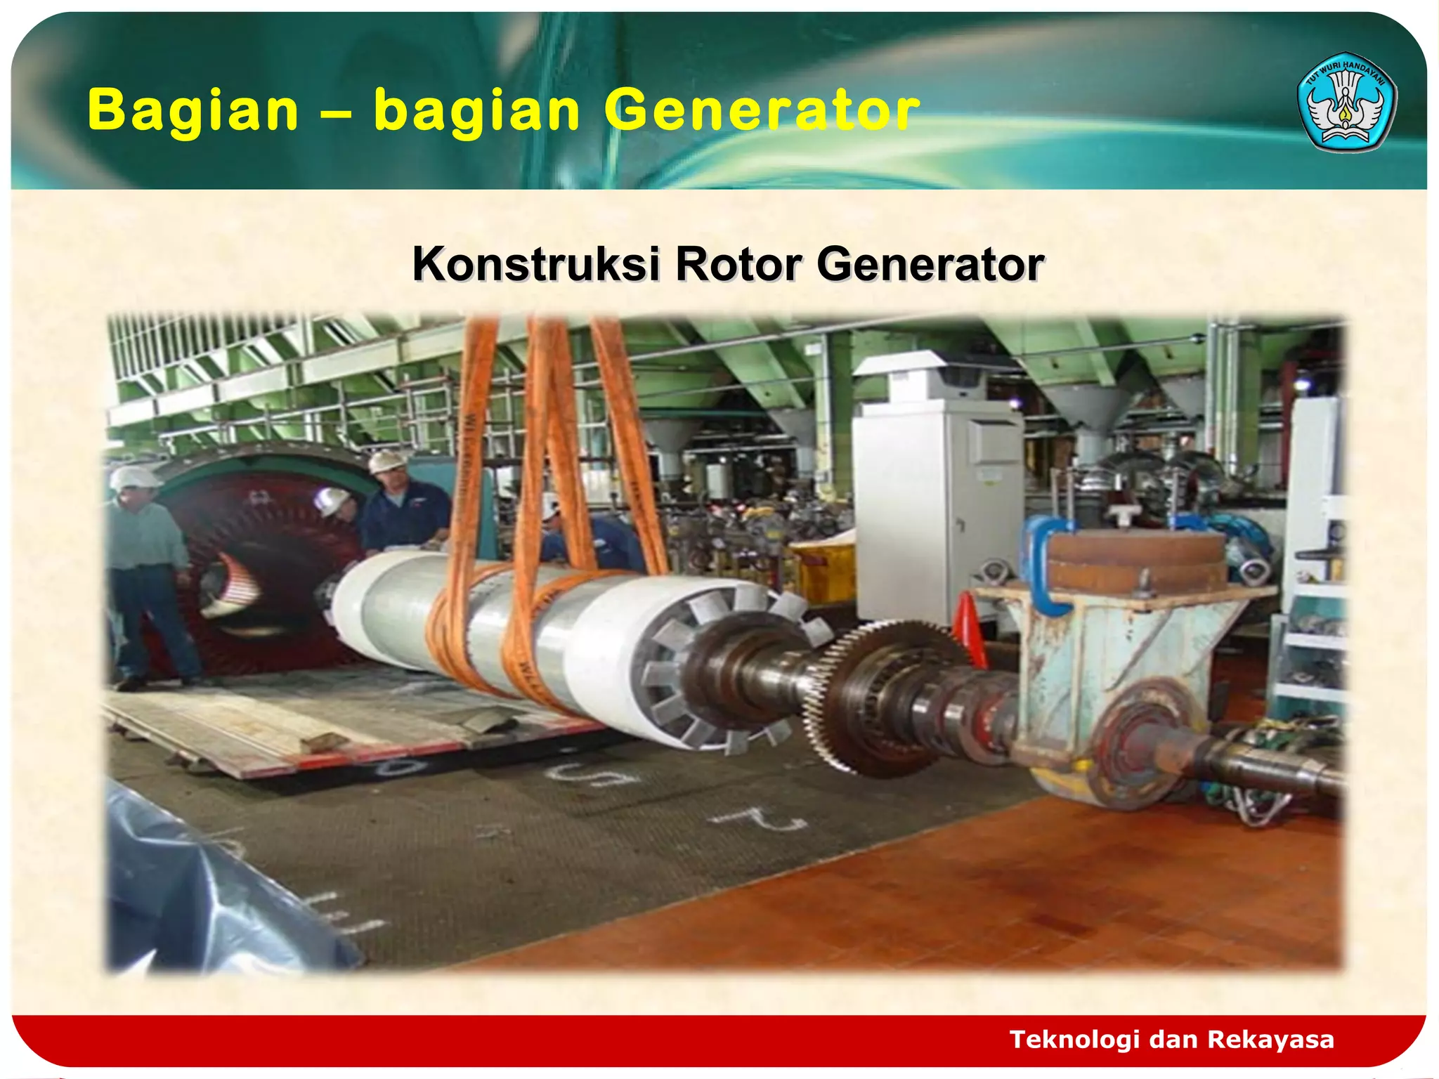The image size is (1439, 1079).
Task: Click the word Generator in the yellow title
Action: [x=762, y=110]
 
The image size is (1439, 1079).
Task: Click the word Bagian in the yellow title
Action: [x=193, y=110]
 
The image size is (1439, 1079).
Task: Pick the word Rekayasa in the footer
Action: [x=1271, y=1039]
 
